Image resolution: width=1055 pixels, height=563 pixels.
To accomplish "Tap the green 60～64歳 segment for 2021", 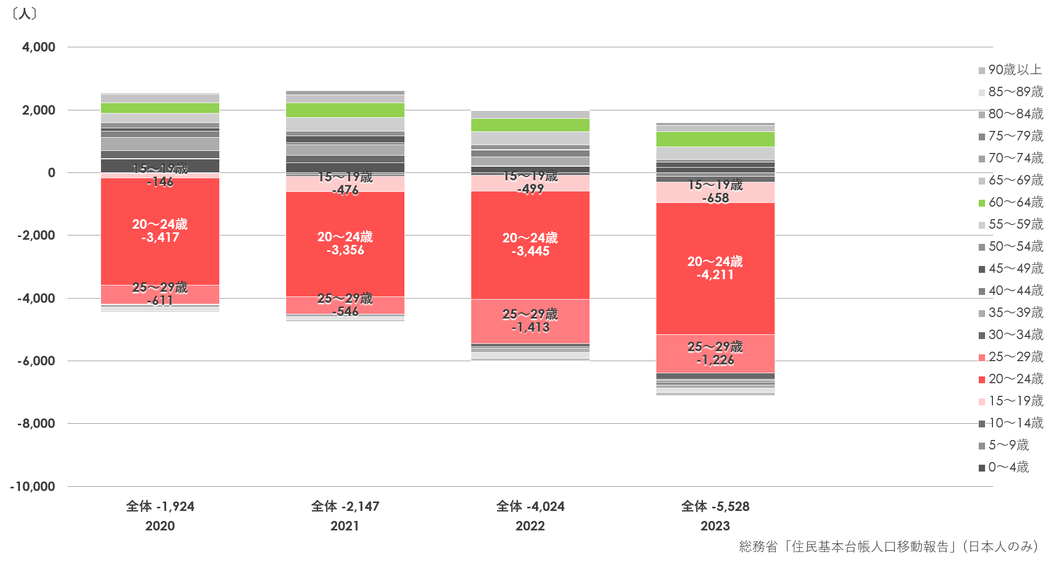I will (x=345, y=110).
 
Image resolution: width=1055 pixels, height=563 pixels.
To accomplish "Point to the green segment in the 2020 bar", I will (x=160, y=108).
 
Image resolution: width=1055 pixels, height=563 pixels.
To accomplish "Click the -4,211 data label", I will (x=715, y=275).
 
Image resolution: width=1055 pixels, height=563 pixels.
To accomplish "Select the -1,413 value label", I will (x=530, y=327).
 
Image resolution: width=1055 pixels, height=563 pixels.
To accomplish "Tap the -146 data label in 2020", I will (x=160, y=182).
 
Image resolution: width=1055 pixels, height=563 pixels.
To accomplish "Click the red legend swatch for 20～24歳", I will (x=981, y=380).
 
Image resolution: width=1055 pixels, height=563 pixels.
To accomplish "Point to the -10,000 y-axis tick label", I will (x=33, y=487).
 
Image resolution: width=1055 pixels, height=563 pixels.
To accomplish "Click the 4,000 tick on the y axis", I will (x=38, y=47).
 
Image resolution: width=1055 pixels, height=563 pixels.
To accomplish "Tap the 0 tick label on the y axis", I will (x=51, y=173).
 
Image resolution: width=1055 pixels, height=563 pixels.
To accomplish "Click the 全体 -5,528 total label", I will (x=715, y=507).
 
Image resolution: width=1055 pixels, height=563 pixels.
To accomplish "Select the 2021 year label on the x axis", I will (x=345, y=526).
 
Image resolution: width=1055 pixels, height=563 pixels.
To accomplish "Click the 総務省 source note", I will (x=888, y=547).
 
